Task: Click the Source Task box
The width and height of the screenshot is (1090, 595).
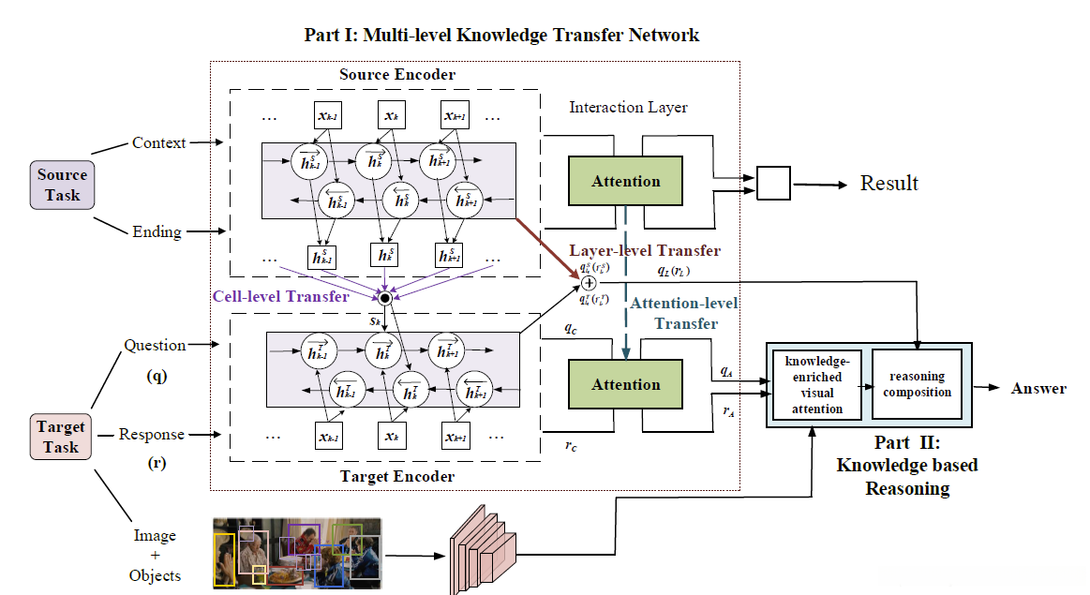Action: [62, 185]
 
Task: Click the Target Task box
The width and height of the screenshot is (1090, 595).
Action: [61, 437]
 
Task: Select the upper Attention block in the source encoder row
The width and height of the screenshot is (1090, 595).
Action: [626, 181]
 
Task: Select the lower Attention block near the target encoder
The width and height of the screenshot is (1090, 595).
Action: [626, 384]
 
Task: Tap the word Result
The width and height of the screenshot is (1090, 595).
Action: [889, 183]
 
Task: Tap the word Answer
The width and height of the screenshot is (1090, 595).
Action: [1038, 388]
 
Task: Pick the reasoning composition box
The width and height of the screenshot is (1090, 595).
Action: [917, 384]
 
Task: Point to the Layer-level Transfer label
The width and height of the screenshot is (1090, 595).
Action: [646, 251]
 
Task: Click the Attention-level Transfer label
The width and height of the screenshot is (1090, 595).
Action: [683, 313]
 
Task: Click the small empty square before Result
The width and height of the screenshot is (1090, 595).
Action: [773, 183]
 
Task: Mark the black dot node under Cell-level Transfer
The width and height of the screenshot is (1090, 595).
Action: [384, 298]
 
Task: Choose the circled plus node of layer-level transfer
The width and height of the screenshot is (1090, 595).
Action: [589, 282]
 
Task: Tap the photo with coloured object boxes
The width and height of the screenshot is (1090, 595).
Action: [297, 552]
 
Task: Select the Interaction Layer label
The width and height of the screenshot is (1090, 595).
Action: [628, 108]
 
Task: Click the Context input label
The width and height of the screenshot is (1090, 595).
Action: [158, 142]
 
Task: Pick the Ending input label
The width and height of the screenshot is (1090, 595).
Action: [157, 231]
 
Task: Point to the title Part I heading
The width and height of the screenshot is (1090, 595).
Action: [501, 36]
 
